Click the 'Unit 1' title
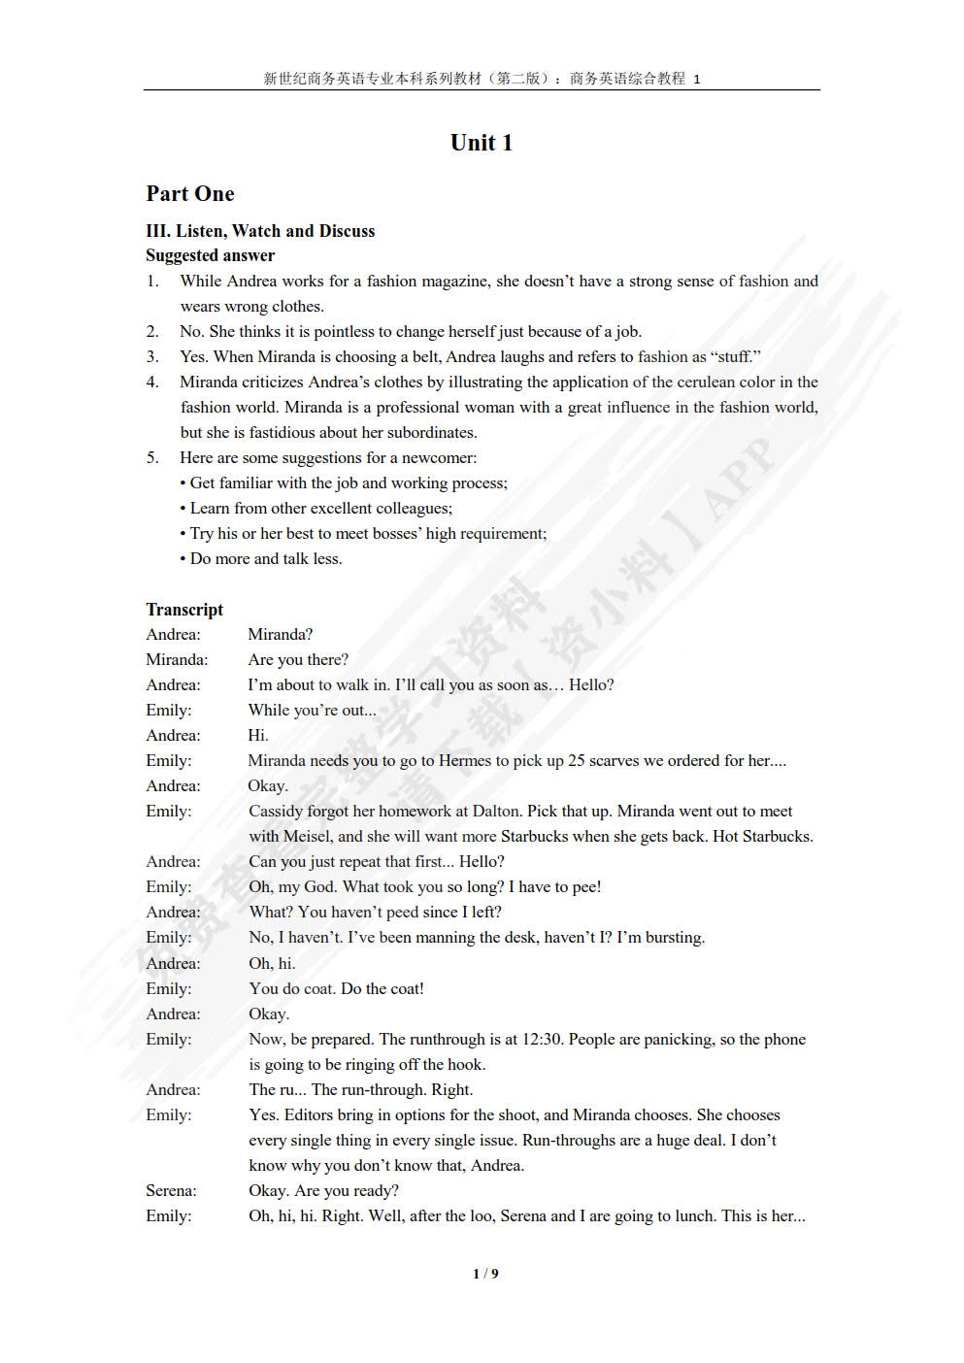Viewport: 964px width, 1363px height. (481, 143)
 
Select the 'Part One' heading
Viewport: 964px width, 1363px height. (190, 194)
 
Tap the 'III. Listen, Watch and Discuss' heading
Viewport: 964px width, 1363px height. (260, 231)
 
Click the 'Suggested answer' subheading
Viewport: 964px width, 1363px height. (210, 255)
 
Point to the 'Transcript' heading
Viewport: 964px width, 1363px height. (184, 610)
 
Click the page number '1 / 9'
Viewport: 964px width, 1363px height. (485, 1274)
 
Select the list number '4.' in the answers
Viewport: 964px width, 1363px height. (152, 382)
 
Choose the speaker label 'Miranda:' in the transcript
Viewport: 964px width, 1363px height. (177, 659)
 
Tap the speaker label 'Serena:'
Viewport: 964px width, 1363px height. (171, 1190)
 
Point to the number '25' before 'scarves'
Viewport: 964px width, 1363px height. (577, 760)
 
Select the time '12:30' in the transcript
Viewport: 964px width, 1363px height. (542, 1039)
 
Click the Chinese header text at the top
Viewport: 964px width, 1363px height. (482, 79)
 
